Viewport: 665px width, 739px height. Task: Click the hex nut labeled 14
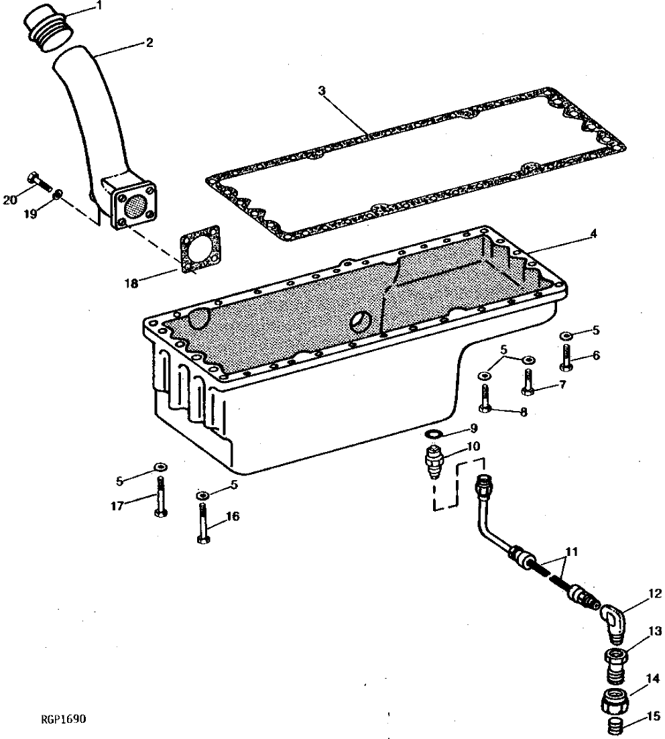[x=615, y=701]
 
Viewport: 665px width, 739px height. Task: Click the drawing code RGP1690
[x=64, y=720]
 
